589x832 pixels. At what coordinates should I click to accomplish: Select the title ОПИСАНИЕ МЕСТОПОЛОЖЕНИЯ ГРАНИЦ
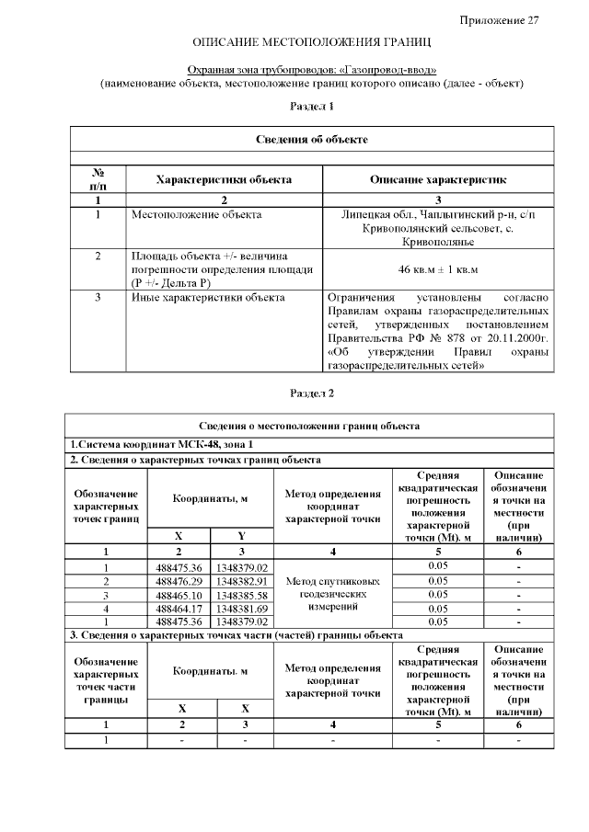click(x=311, y=43)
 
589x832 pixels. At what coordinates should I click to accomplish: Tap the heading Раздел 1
click(x=311, y=107)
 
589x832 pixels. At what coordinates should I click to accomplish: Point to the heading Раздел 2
click(x=311, y=393)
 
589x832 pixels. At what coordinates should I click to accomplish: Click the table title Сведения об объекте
click(x=311, y=139)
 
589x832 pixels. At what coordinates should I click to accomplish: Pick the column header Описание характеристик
click(x=438, y=179)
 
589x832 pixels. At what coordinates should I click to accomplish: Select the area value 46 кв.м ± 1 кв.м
click(x=438, y=269)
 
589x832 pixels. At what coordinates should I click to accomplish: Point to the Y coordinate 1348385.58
click(x=242, y=595)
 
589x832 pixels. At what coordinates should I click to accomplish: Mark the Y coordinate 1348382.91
click(x=242, y=581)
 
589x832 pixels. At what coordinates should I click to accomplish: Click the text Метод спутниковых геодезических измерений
click(x=332, y=595)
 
